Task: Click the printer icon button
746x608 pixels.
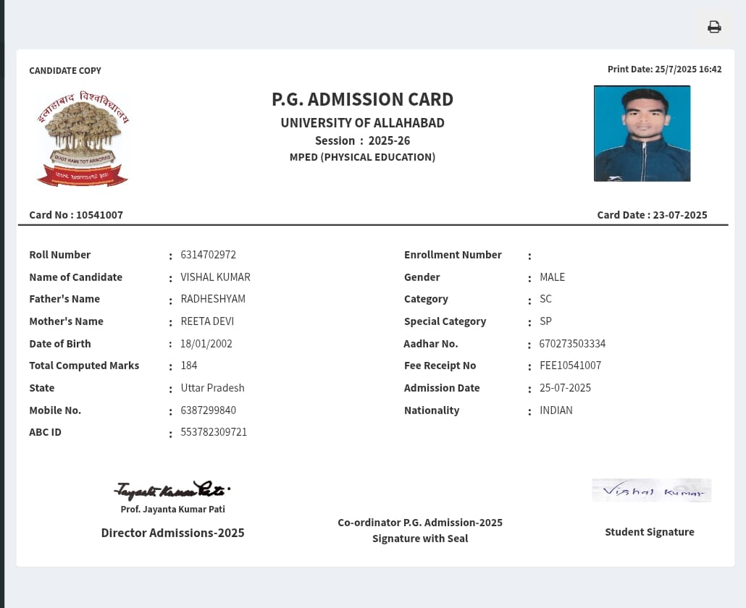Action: click(x=714, y=28)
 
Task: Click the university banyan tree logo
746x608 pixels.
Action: click(x=83, y=139)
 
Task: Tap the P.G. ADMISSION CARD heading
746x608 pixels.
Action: click(x=362, y=99)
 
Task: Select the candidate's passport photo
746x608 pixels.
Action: click(x=642, y=133)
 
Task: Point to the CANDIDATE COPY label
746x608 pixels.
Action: click(x=65, y=70)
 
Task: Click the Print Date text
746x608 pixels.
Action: click(x=664, y=69)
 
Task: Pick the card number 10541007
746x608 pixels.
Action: click(x=99, y=215)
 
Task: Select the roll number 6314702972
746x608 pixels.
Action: click(x=209, y=255)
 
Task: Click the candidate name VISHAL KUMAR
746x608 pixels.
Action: click(x=215, y=277)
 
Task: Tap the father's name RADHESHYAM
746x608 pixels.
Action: click(x=213, y=299)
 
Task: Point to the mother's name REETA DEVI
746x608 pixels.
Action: click(x=207, y=321)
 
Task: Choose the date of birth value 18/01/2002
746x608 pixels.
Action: click(x=206, y=344)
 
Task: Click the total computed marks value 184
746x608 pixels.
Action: click(x=189, y=366)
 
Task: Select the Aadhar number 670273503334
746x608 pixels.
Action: click(x=572, y=344)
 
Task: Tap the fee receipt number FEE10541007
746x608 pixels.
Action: click(x=570, y=366)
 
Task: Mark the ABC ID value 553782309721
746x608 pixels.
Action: click(x=214, y=432)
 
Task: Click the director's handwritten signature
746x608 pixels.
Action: click(x=172, y=490)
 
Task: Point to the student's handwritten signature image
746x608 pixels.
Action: click(x=651, y=491)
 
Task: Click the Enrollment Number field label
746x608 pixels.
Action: click(x=453, y=255)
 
